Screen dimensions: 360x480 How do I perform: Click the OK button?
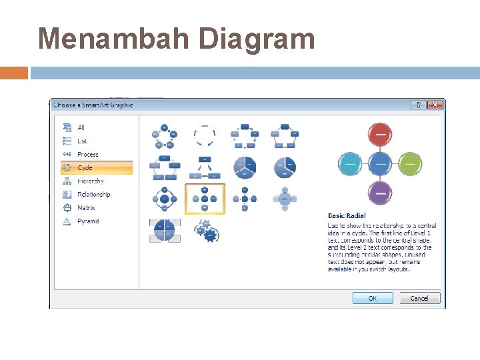[x=372, y=298]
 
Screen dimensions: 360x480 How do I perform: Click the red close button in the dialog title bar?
[x=435, y=105]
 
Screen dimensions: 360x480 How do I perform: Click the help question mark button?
[x=418, y=105]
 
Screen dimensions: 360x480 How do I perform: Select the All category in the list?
[x=81, y=127]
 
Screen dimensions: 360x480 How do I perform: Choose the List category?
[x=82, y=141]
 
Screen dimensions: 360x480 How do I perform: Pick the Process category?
[x=87, y=154]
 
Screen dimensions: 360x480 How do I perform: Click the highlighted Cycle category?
[x=85, y=167]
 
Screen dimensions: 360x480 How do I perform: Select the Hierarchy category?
[x=90, y=181]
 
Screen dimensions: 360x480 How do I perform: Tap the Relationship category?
[x=93, y=194]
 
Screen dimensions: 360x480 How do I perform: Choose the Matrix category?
[x=86, y=207]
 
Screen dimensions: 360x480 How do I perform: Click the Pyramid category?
[x=88, y=221]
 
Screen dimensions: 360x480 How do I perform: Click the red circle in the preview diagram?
[x=380, y=135]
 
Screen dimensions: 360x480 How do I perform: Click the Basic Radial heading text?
[x=346, y=216]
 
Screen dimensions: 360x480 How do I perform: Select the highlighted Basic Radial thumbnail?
[x=205, y=199]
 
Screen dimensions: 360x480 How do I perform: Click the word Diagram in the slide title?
[x=257, y=38]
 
